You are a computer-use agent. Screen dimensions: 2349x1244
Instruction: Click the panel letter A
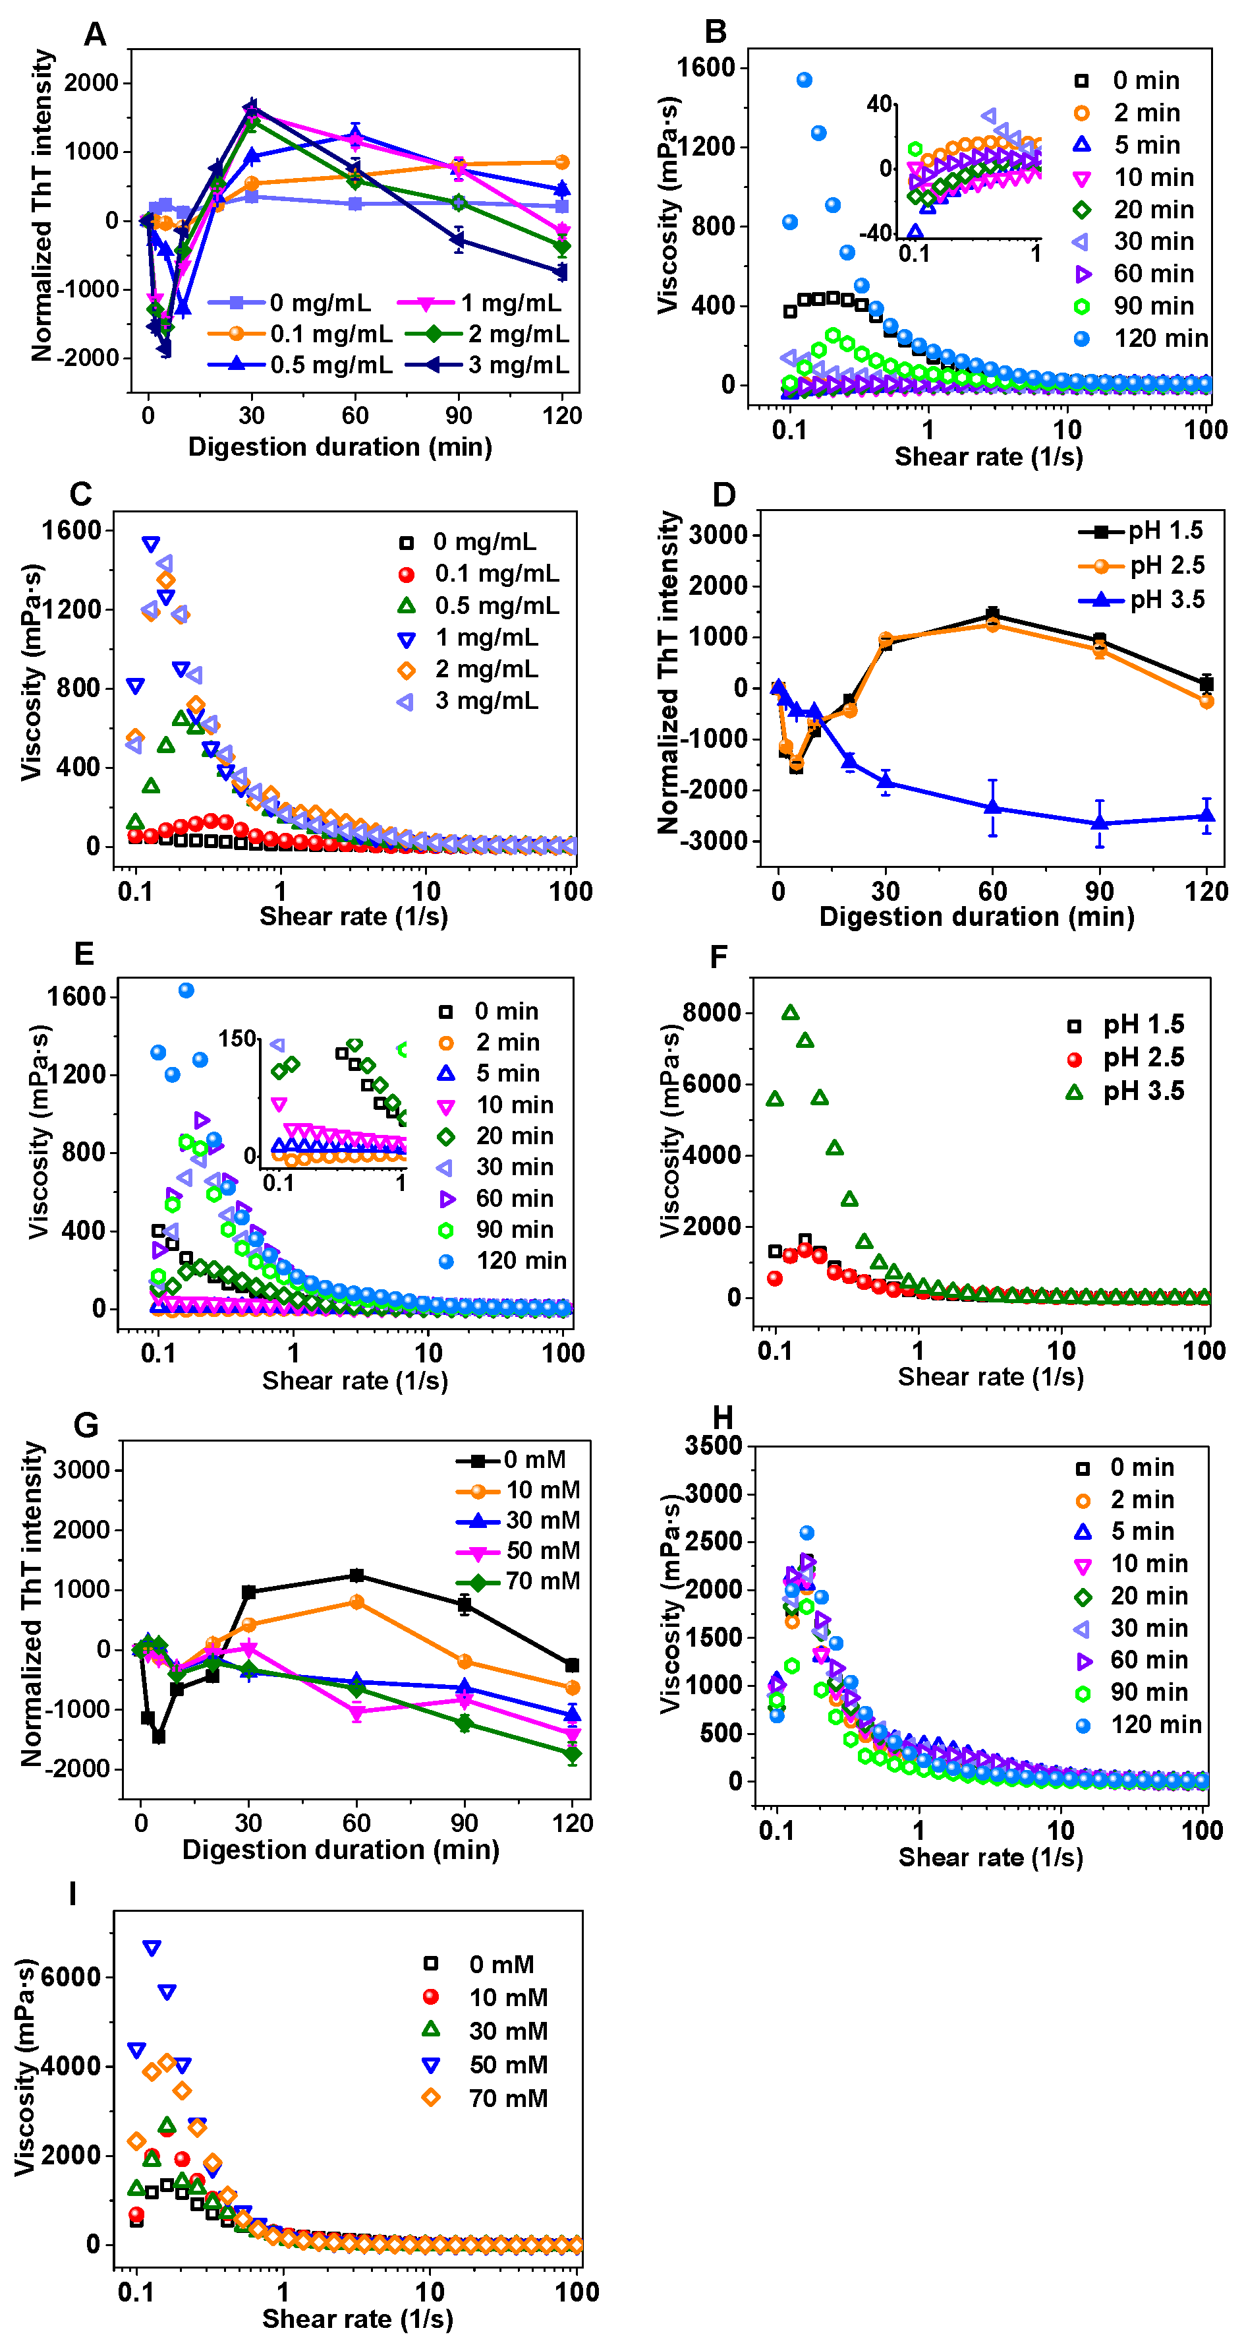pyautogui.click(x=95, y=35)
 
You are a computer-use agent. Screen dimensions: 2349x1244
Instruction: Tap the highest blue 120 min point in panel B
pyautogui.click(x=804, y=80)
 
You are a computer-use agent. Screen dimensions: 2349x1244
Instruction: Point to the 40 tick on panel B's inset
pyautogui.click(x=878, y=104)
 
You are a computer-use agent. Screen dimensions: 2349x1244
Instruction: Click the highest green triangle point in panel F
pyautogui.click(x=790, y=1012)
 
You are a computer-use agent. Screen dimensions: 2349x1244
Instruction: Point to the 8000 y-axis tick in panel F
pyautogui.click(x=712, y=1012)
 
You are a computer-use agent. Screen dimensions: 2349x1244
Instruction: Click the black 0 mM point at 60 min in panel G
pyautogui.click(x=357, y=1575)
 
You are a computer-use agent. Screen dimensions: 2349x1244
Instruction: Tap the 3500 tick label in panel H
pyautogui.click(x=713, y=1446)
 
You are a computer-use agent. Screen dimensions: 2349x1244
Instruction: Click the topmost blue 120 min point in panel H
pyautogui.click(x=806, y=1533)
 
